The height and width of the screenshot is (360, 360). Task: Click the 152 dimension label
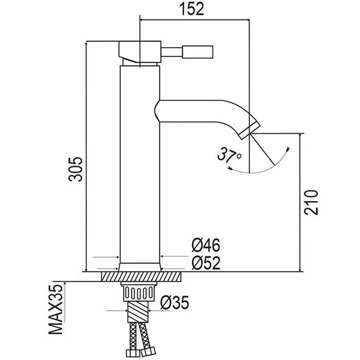tap(195, 9)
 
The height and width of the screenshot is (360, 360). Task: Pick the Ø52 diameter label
tap(206, 263)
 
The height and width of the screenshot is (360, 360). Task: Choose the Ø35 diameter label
tap(173, 303)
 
